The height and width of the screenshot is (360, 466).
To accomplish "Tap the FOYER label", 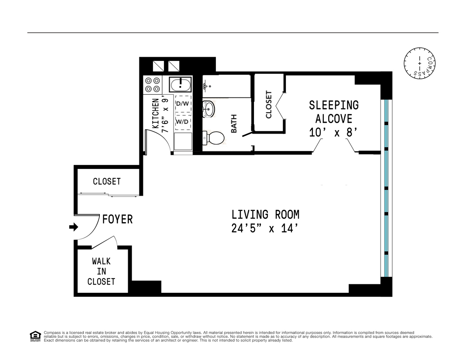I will pyautogui.click(x=117, y=219).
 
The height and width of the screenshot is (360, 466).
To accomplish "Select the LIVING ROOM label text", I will pyautogui.click(x=265, y=214).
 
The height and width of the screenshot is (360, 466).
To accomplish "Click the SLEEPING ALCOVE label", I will pyautogui.click(x=334, y=111).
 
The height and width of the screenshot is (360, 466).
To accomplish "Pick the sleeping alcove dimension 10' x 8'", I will pyautogui.click(x=333, y=133).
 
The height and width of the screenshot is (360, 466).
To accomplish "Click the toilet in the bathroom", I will pyautogui.click(x=213, y=137).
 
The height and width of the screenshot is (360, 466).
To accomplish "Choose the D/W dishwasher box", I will pyautogui.click(x=183, y=104).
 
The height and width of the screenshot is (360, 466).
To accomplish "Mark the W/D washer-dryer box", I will pyautogui.click(x=183, y=122).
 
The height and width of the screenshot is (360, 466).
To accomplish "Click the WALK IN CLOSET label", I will pyautogui.click(x=101, y=271).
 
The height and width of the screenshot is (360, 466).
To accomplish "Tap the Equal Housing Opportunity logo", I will pyautogui.click(x=35, y=336).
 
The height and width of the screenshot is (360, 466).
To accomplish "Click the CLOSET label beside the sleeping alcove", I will pyautogui.click(x=269, y=104).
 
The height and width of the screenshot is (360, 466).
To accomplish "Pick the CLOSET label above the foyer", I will pyautogui.click(x=107, y=181).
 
